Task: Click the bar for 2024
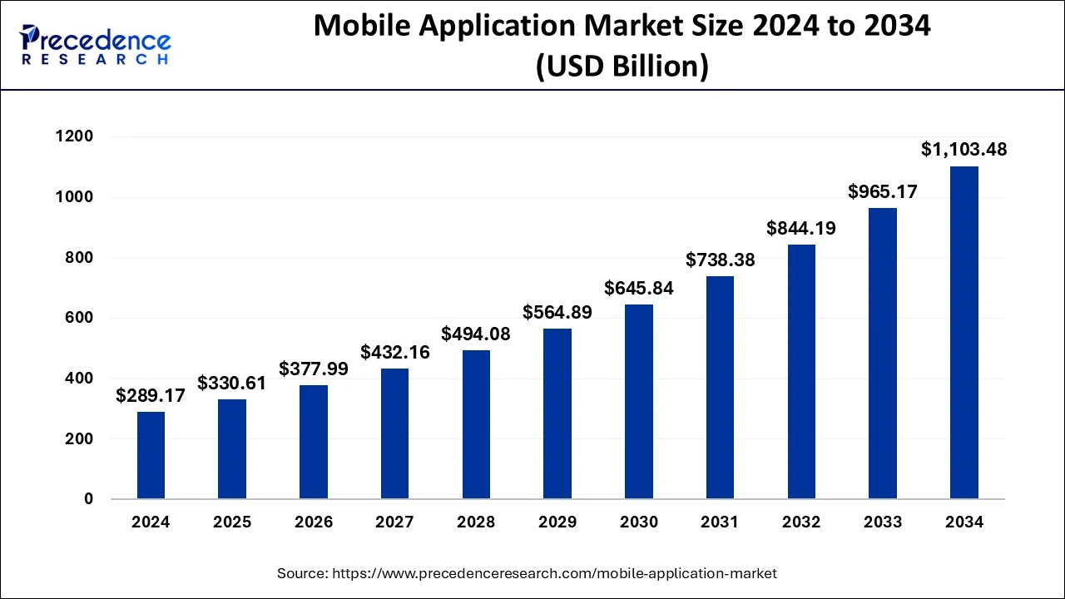[151, 455]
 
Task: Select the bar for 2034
[964, 333]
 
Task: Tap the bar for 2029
[557, 413]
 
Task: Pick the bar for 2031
[720, 388]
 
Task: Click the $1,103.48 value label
[964, 150]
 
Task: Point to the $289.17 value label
[151, 395]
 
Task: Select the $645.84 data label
[639, 289]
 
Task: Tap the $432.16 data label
[395, 352]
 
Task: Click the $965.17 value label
[883, 191]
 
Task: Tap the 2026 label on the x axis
[314, 522]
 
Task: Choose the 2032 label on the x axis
[801, 522]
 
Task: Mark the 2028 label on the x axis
[476, 522]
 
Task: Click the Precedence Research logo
[96, 45]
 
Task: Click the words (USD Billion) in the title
[622, 67]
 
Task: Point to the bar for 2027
[395, 433]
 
